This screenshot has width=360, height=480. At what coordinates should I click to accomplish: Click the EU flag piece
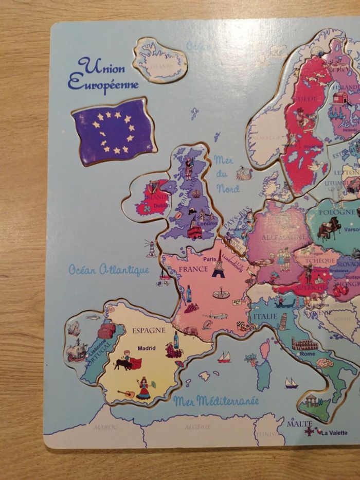point(114,132)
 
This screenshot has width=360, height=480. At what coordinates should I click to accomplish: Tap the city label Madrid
point(146,348)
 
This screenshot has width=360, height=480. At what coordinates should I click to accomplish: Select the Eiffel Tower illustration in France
point(219,264)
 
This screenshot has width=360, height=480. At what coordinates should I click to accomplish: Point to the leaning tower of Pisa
point(283,322)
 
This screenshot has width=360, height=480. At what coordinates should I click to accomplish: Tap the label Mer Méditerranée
point(216,401)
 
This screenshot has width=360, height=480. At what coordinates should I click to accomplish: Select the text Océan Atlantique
point(109,270)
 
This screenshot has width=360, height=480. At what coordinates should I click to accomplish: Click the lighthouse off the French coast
point(152,248)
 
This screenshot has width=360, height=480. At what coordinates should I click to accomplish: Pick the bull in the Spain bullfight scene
point(123,364)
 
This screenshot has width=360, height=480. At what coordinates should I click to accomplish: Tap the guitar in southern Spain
point(126,394)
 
